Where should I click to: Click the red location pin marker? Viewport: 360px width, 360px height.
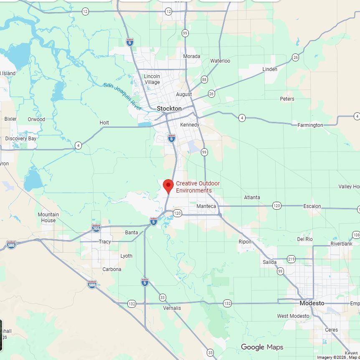click(x=168, y=185)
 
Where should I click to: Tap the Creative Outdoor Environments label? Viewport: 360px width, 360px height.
click(x=198, y=187)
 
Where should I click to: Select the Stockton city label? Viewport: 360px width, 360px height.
click(x=169, y=109)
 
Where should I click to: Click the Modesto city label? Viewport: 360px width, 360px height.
click(x=312, y=303)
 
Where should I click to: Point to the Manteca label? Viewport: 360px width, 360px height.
click(x=206, y=206)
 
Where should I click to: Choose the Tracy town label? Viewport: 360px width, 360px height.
click(x=105, y=242)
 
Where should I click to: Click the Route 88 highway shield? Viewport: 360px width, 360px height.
click(x=204, y=79)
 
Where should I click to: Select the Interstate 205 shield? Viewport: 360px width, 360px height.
click(x=96, y=228)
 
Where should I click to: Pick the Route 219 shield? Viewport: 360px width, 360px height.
click(x=291, y=259)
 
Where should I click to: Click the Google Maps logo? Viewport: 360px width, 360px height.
click(x=262, y=347)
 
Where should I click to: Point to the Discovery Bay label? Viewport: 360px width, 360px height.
click(x=21, y=139)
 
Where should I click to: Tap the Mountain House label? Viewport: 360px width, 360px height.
click(x=48, y=218)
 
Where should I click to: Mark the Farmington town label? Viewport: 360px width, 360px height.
click(x=310, y=125)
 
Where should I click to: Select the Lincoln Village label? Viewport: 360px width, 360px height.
click(x=152, y=79)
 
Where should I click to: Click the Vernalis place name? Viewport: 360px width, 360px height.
click(x=172, y=308)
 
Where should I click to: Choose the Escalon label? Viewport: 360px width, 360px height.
click(x=312, y=206)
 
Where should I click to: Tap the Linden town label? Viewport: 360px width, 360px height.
click(x=270, y=69)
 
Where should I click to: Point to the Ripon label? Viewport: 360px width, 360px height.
click(x=245, y=242)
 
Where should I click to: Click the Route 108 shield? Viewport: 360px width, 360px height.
click(x=356, y=235)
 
